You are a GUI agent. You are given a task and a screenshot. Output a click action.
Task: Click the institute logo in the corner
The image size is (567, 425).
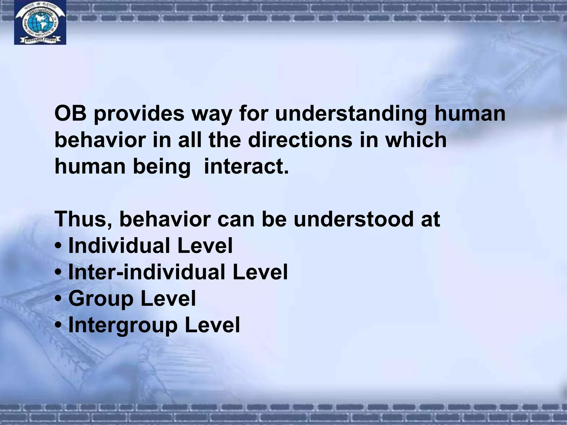pyautogui.click(x=40, y=22)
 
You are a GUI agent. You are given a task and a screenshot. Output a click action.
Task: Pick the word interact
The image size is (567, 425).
pyautogui.click(x=246, y=167)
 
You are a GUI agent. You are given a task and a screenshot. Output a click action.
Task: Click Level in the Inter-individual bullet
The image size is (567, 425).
pyautogui.click(x=260, y=272)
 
